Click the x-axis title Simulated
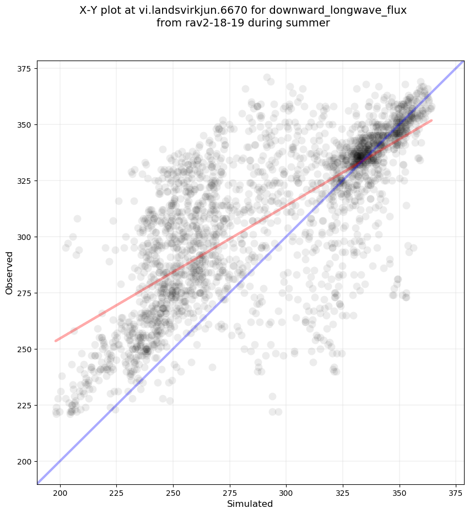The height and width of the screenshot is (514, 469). (250, 504)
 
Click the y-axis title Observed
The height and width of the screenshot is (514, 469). (9, 272)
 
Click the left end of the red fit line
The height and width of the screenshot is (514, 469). (55, 341)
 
